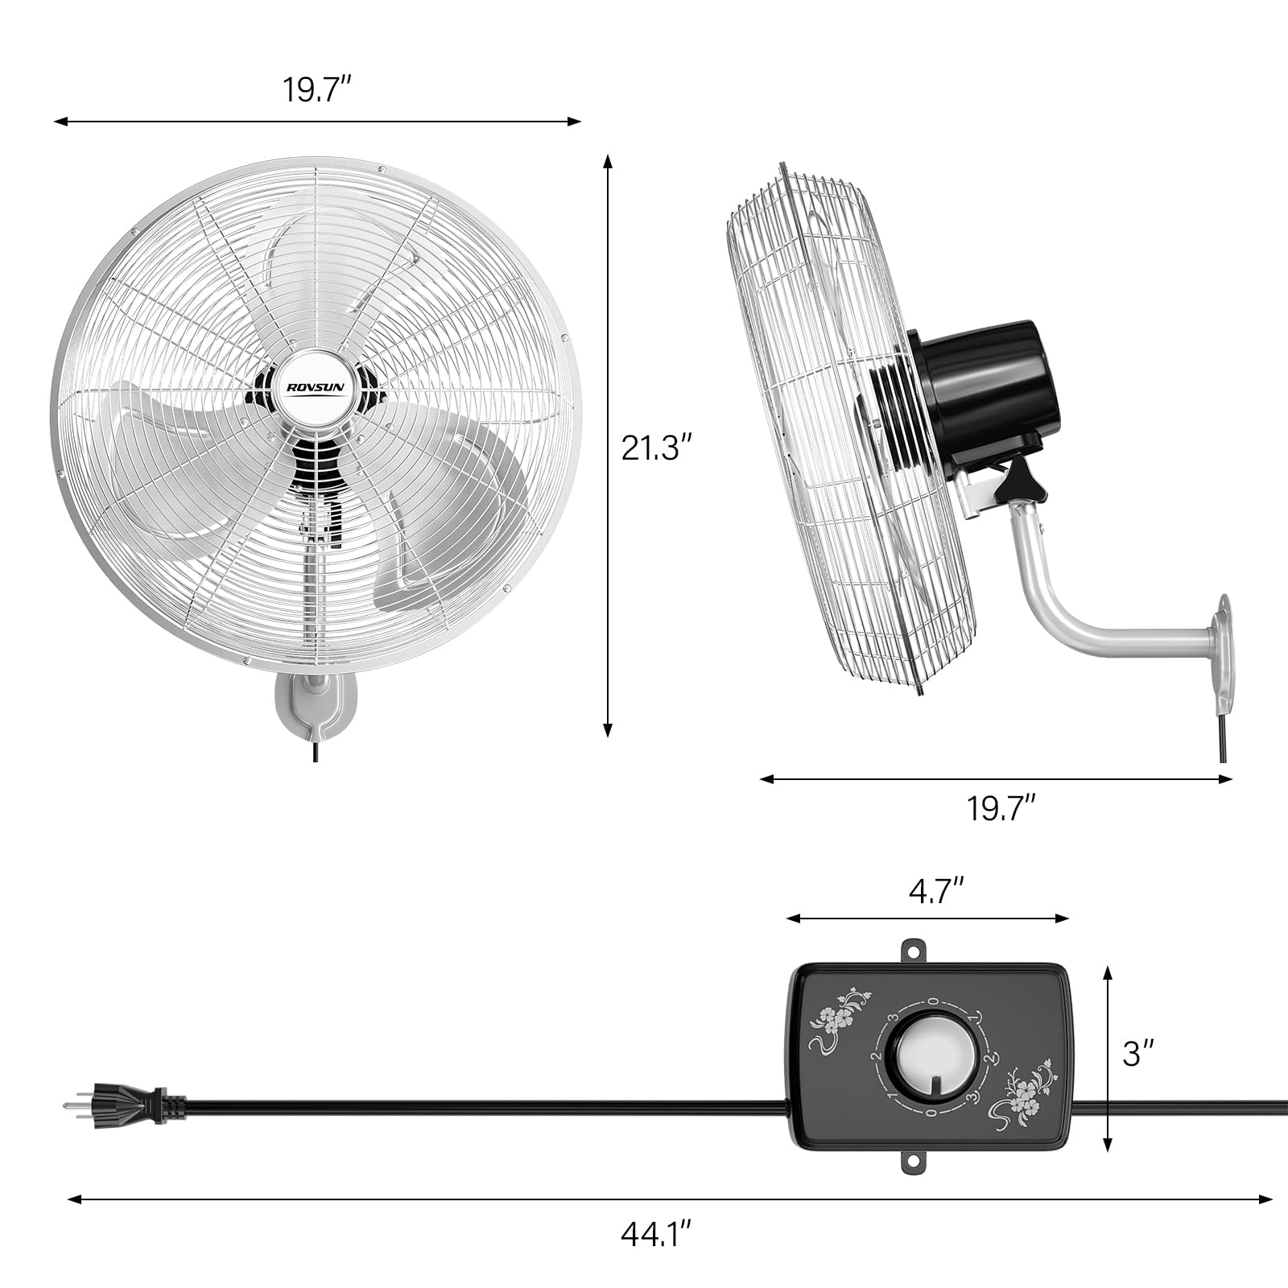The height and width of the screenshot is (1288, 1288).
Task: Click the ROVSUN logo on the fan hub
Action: (x=316, y=387)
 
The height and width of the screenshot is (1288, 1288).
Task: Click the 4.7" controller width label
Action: (x=936, y=892)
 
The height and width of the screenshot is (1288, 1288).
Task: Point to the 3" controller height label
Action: (x=1138, y=1054)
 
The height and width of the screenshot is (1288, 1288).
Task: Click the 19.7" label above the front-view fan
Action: (x=316, y=89)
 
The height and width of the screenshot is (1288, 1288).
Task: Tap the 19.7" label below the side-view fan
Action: (x=1000, y=808)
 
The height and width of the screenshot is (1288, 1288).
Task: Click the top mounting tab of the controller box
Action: (x=914, y=951)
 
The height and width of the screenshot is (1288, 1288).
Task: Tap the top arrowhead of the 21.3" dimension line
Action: (x=608, y=161)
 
